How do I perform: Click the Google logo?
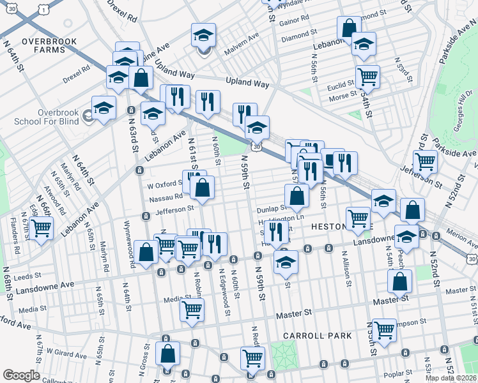[x=21, y=375]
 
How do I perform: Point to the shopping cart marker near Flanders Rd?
[x=41, y=227]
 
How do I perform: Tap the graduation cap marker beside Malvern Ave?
[x=203, y=36]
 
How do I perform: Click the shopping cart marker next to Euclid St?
[x=367, y=77]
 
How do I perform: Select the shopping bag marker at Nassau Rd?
[x=202, y=188]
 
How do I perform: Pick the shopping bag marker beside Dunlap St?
[x=297, y=196]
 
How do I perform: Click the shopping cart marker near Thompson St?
[x=383, y=331]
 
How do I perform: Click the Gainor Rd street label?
[x=295, y=18]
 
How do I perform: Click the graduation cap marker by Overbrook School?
[x=104, y=109]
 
